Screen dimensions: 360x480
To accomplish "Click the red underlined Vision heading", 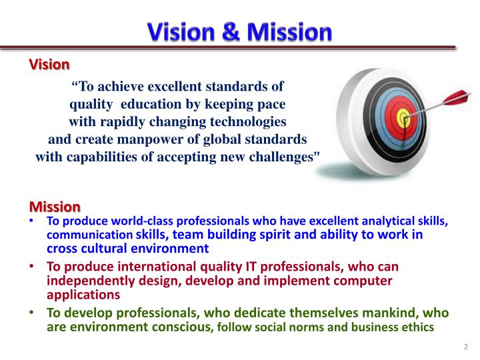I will [x=49, y=65].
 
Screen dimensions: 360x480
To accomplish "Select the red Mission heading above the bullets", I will [x=55, y=207].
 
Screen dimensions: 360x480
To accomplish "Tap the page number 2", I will [x=465, y=347].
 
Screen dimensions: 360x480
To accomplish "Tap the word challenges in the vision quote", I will [x=283, y=157].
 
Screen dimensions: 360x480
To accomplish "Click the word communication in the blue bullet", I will [x=90, y=235].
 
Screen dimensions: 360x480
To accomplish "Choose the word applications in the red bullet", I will [x=83, y=293].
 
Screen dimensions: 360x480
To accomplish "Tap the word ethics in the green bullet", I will [x=417, y=327].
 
